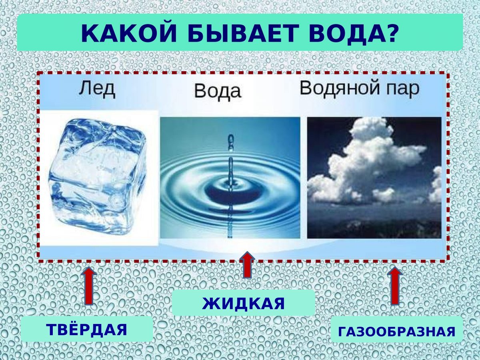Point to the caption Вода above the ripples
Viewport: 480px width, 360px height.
218,92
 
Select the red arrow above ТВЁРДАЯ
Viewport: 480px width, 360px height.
89,286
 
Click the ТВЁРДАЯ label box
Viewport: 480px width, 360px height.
87,330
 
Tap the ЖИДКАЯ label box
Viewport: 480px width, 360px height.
243,303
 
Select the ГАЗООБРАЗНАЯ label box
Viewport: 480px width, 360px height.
396,331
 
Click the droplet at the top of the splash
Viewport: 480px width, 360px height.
230,139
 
